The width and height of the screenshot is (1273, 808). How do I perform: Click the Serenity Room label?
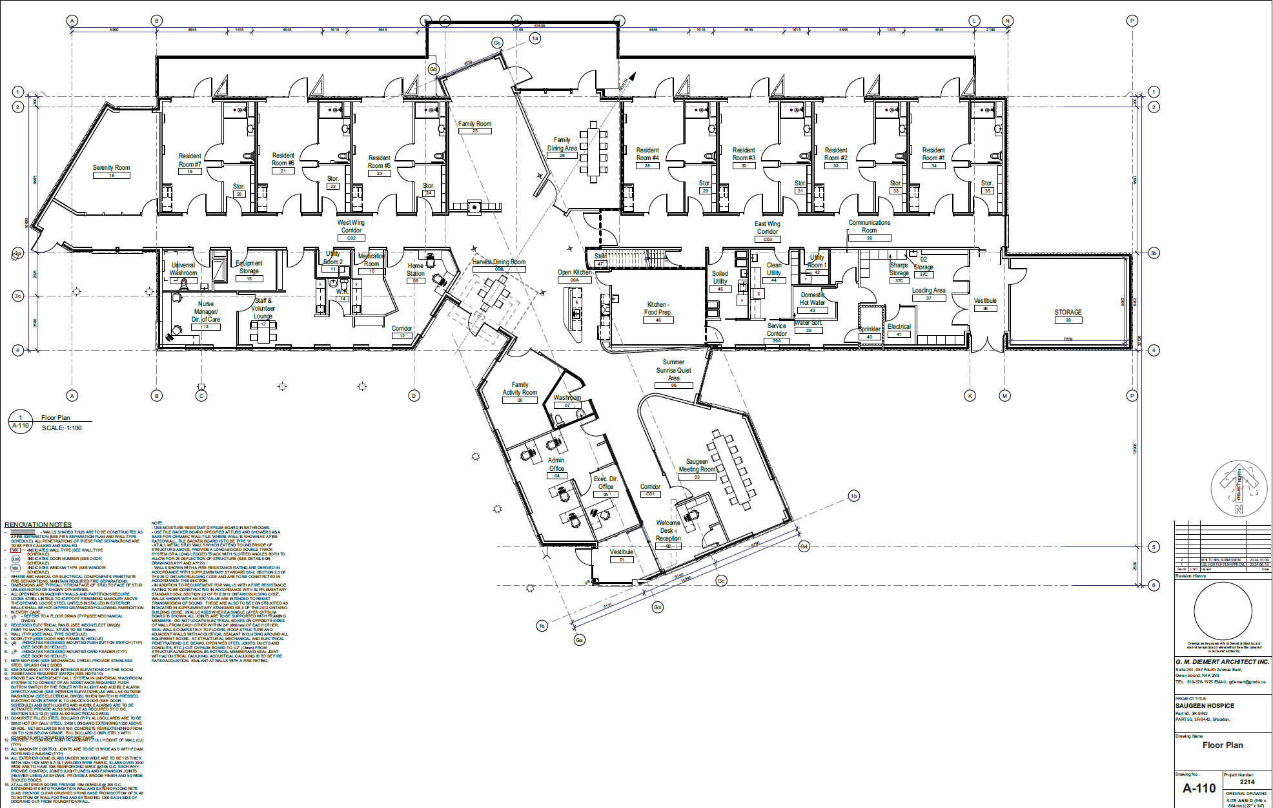coord(111,168)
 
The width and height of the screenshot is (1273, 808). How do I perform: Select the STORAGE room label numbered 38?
coord(1068,312)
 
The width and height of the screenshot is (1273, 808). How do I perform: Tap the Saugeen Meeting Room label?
coord(697,466)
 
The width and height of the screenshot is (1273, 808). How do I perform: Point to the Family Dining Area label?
coord(562,144)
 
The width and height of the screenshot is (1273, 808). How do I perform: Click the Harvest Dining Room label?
coord(498,262)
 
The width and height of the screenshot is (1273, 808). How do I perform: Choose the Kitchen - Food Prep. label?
coord(657,308)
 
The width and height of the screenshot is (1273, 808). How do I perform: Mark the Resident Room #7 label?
coord(190,160)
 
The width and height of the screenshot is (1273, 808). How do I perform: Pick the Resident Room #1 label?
coord(933,154)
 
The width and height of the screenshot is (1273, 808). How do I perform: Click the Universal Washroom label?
coord(183,269)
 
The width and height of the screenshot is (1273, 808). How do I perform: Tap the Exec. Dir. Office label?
coord(606,482)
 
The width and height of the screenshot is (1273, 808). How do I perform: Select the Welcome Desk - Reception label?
coord(668,530)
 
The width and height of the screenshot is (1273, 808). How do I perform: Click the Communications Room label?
coord(869,226)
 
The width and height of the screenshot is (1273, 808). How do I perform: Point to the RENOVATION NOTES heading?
coord(38,524)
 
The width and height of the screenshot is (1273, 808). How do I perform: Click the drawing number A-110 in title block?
coord(1199,788)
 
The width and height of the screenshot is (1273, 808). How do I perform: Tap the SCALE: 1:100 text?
coord(62,428)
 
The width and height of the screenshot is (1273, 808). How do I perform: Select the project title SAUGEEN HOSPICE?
coord(1205,706)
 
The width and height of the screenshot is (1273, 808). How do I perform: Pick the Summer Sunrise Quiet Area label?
coord(673,370)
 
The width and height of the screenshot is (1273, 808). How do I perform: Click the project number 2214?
coord(1247,782)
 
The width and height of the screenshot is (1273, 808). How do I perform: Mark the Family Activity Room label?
coord(520,388)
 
